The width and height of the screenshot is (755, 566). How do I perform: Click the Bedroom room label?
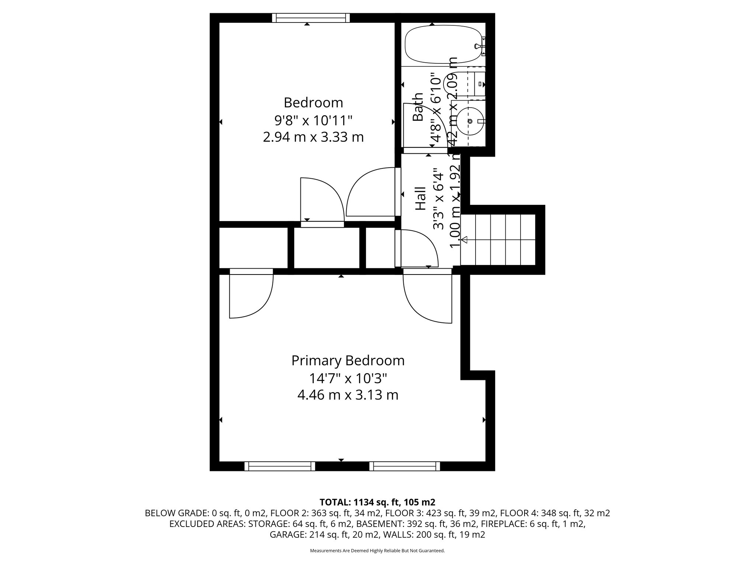(x=313, y=102)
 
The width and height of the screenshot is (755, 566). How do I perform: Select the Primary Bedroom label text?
(x=348, y=360)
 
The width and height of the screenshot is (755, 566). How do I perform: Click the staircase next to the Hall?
(x=498, y=240)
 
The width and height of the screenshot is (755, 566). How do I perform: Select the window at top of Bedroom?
(x=311, y=18)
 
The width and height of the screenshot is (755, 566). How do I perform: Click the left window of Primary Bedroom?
(x=280, y=466)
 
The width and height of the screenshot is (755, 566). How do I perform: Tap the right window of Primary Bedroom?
(x=405, y=466)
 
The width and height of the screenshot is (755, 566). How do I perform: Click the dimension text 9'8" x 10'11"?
(x=313, y=120)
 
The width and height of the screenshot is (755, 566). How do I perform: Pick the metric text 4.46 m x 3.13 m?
(x=348, y=395)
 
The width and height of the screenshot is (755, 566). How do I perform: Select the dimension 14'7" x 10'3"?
(x=348, y=378)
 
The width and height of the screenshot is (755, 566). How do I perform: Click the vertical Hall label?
(x=420, y=199)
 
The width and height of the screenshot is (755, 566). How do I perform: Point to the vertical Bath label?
(x=418, y=107)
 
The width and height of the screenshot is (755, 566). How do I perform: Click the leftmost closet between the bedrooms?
(x=253, y=248)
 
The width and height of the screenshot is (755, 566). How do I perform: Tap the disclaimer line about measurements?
(x=377, y=551)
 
